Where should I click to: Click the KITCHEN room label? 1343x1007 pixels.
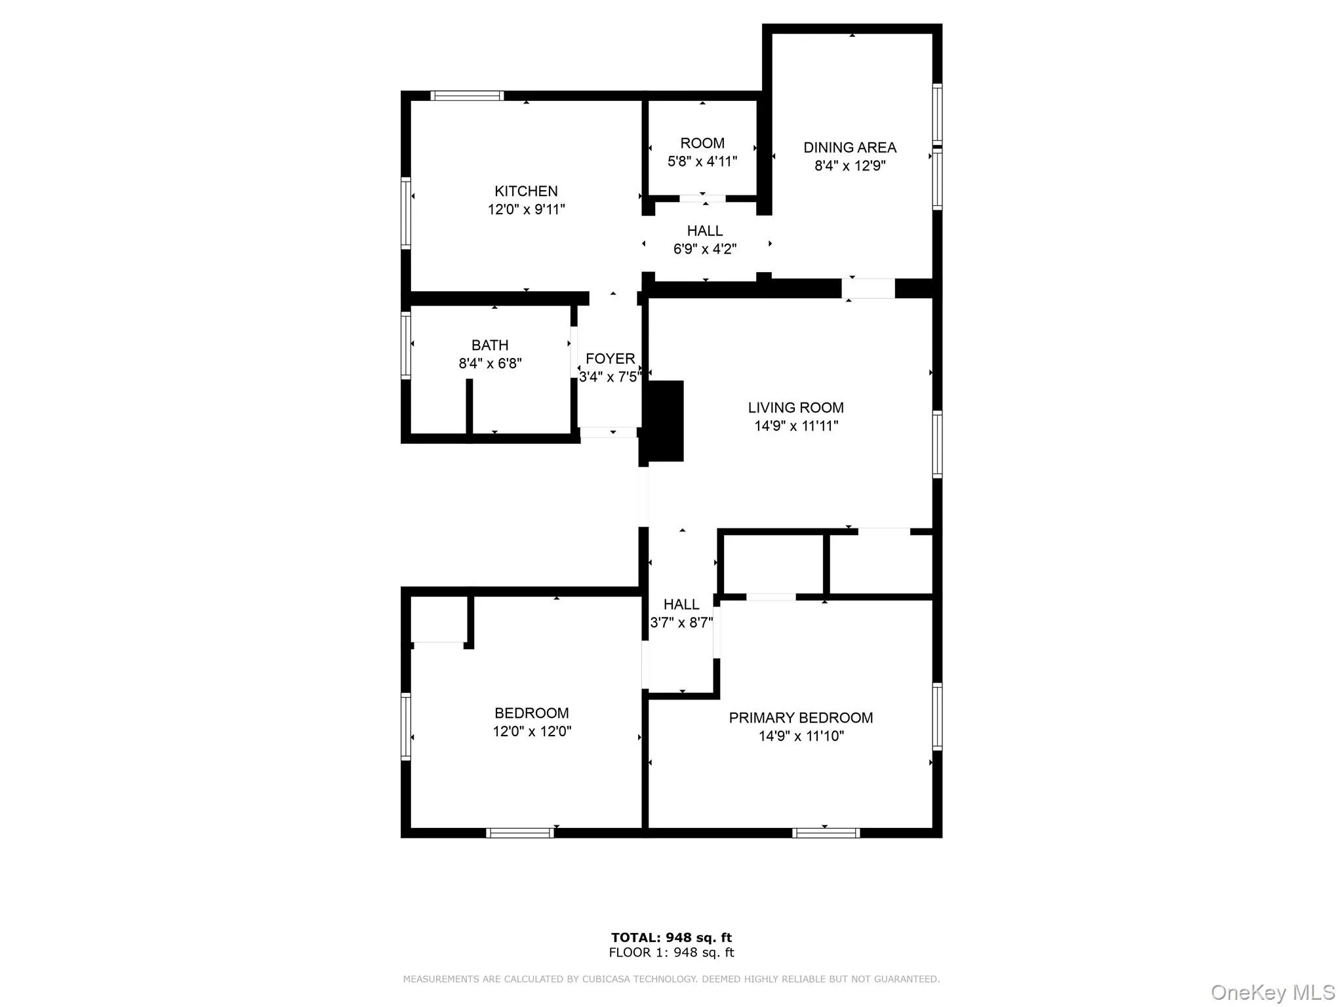526,191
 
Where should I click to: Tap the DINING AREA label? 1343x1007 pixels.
850,148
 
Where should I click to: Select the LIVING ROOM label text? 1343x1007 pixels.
795,408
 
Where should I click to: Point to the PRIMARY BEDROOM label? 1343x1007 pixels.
801,718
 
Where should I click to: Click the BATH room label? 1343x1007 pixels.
490,346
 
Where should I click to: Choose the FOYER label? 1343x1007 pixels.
610,359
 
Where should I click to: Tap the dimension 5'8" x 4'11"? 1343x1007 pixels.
702,161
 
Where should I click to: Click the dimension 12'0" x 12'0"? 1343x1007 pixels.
532,732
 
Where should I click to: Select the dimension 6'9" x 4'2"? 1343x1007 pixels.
705,249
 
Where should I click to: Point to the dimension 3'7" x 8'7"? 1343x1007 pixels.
681,623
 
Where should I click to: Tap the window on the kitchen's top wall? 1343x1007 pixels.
467,96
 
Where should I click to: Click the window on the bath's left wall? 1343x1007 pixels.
406,346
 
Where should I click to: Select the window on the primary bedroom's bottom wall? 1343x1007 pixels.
826,833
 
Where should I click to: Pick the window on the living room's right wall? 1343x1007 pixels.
937,444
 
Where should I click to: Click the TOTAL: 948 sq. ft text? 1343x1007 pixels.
671,938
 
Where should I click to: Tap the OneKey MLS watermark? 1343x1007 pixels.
1272,993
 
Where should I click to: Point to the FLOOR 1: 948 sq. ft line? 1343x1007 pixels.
671,953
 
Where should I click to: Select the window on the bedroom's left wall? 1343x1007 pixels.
406,726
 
